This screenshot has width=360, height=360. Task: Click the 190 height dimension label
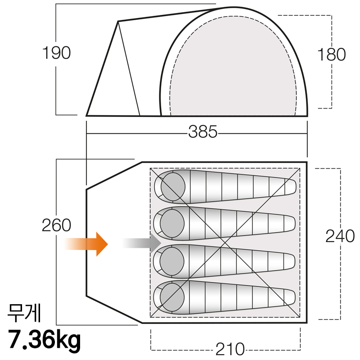(x=57, y=53)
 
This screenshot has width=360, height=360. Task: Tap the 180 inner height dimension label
(x=331, y=54)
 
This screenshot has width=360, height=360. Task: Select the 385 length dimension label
(x=203, y=132)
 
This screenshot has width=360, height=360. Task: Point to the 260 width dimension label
(x=57, y=225)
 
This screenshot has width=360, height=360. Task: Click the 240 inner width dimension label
(x=340, y=236)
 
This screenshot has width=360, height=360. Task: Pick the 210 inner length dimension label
(x=230, y=348)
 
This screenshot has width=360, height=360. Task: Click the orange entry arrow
(x=86, y=244)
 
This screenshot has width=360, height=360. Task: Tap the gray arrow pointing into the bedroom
(x=141, y=243)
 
